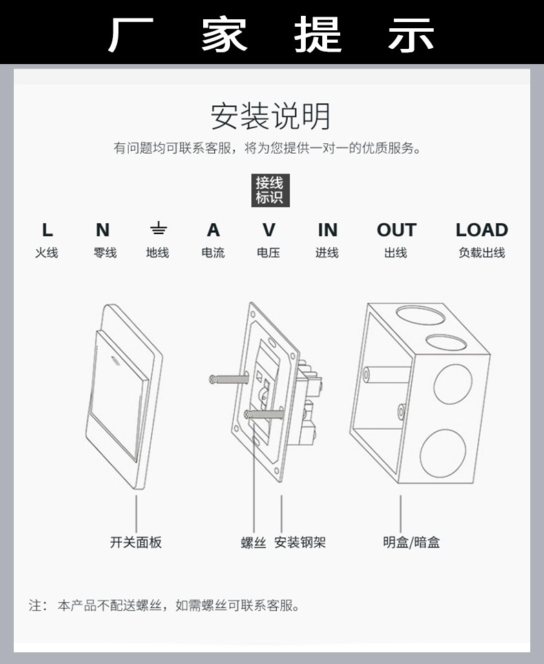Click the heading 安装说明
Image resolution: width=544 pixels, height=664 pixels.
pos(271,116)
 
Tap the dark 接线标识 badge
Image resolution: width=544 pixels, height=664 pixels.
pos(269,190)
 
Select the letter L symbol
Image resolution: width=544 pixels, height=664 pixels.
pos(47,230)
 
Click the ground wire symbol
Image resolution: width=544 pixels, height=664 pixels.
pos(158,229)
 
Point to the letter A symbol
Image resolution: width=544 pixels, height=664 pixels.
pos(213,230)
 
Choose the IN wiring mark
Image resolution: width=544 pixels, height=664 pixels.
pos(327,230)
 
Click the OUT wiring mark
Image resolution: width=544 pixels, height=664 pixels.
pos(396,230)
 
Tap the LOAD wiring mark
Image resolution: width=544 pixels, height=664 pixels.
pos(481,230)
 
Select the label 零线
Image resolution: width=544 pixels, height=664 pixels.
pos(105,253)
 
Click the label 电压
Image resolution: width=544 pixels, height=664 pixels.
pos(269,253)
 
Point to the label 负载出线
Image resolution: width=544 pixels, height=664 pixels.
pos(481,253)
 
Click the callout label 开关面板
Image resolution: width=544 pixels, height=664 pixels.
pos(136,542)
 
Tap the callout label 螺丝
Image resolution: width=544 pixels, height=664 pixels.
pos(253,543)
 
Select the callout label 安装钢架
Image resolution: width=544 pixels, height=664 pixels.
pos(300,543)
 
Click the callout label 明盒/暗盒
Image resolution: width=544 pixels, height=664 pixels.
pos(411,543)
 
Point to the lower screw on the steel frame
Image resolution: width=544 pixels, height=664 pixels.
pos(266,414)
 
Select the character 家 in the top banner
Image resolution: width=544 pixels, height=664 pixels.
pos(224,32)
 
